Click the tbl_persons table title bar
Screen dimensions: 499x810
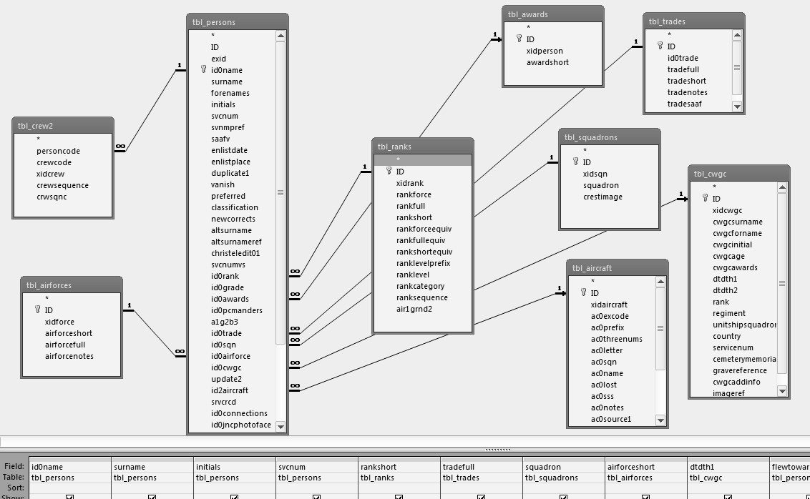coord(237,22)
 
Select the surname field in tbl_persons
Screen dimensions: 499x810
coord(226,81)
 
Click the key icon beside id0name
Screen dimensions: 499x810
coord(203,70)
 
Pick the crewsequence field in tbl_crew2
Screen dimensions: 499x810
coord(62,185)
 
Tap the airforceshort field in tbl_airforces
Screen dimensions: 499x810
coord(68,333)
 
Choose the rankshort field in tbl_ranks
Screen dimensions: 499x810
coord(414,217)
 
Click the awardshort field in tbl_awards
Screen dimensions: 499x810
coord(547,62)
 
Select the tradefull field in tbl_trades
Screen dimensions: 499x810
coord(683,69)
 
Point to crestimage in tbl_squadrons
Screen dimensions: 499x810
coord(602,197)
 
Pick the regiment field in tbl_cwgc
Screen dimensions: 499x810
coord(728,313)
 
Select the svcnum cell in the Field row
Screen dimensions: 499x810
coord(291,467)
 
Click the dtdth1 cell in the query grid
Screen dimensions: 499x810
coord(702,467)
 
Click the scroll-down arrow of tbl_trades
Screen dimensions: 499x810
coord(737,106)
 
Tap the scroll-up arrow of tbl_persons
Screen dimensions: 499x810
coord(280,36)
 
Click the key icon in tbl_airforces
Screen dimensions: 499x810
coord(37,310)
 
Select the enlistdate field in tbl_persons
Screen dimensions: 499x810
coord(229,150)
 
